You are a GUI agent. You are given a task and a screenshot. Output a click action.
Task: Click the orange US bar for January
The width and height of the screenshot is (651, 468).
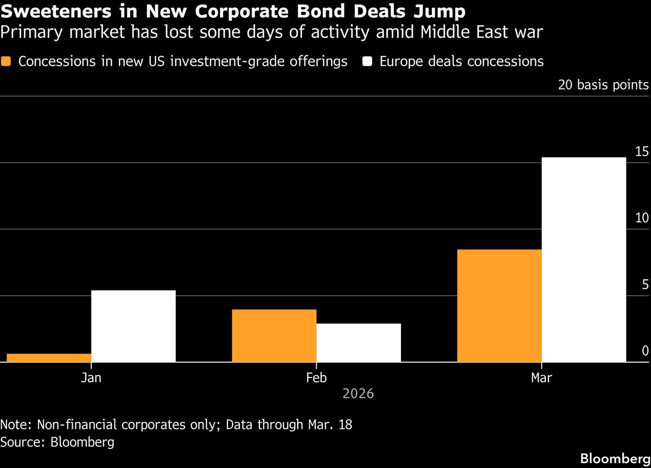click(x=49, y=357)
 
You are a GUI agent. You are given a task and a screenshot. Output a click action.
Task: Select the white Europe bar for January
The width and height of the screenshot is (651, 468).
click(x=133, y=326)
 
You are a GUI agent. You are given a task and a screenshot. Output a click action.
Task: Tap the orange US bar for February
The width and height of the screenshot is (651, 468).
click(x=274, y=335)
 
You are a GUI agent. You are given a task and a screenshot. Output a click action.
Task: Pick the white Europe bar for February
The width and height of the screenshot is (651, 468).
click(x=359, y=342)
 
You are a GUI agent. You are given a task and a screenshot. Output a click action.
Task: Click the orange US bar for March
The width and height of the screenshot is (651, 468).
click(x=500, y=305)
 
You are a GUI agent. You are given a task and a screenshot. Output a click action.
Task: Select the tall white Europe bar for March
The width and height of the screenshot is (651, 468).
click(x=584, y=259)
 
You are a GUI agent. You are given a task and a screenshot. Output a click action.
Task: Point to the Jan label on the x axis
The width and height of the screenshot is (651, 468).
click(x=91, y=377)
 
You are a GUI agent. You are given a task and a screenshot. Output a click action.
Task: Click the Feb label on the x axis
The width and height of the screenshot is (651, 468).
click(x=316, y=377)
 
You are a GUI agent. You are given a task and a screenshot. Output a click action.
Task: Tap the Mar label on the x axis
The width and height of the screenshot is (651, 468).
click(x=541, y=377)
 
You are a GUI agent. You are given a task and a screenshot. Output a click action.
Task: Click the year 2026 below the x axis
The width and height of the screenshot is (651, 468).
click(x=358, y=393)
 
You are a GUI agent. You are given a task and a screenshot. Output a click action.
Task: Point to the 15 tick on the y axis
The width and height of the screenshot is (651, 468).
click(x=642, y=152)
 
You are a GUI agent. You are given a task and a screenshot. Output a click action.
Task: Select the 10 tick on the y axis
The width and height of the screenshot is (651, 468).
click(x=642, y=218)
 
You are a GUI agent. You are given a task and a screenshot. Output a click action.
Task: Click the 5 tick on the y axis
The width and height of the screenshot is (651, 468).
click(x=645, y=285)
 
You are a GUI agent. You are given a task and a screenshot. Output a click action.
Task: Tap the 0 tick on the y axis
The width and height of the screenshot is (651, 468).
click(x=645, y=351)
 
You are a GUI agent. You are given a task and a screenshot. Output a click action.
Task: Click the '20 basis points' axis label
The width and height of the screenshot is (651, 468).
click(x=603, y=85)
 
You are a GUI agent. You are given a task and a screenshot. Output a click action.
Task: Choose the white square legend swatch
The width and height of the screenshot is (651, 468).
click(x=367, y=61)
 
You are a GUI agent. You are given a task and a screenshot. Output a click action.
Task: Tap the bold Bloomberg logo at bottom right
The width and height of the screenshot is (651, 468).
click(x=615, y=458)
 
